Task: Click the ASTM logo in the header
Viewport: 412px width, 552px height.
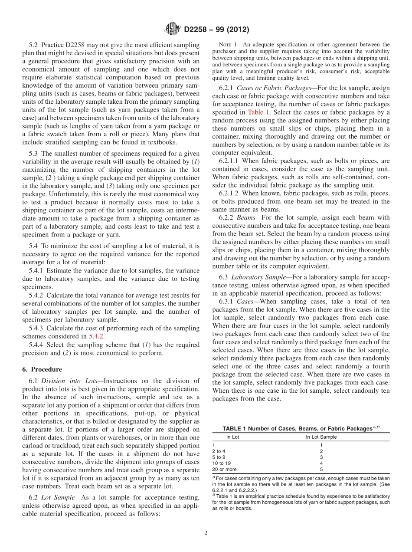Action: [173, 30]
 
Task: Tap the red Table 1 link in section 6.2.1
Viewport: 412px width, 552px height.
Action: [271, 112]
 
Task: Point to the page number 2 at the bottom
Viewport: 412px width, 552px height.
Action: [206, 533]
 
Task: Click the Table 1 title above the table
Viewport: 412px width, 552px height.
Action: [301, 429]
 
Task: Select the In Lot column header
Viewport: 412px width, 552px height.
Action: [232, 437]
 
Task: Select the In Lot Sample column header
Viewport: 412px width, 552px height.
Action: [321, 437]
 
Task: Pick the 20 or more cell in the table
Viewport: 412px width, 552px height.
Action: [224, 469]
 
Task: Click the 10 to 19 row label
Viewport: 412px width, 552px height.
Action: [221, 463]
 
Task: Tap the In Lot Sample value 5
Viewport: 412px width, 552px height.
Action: [321, 469]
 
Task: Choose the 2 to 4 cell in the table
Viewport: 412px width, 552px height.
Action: [219, 451]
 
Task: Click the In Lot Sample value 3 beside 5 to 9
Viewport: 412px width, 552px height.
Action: [321, 457]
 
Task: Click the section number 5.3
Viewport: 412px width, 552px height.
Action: [34, 153]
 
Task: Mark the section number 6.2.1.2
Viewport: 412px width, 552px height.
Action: [232, 193]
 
